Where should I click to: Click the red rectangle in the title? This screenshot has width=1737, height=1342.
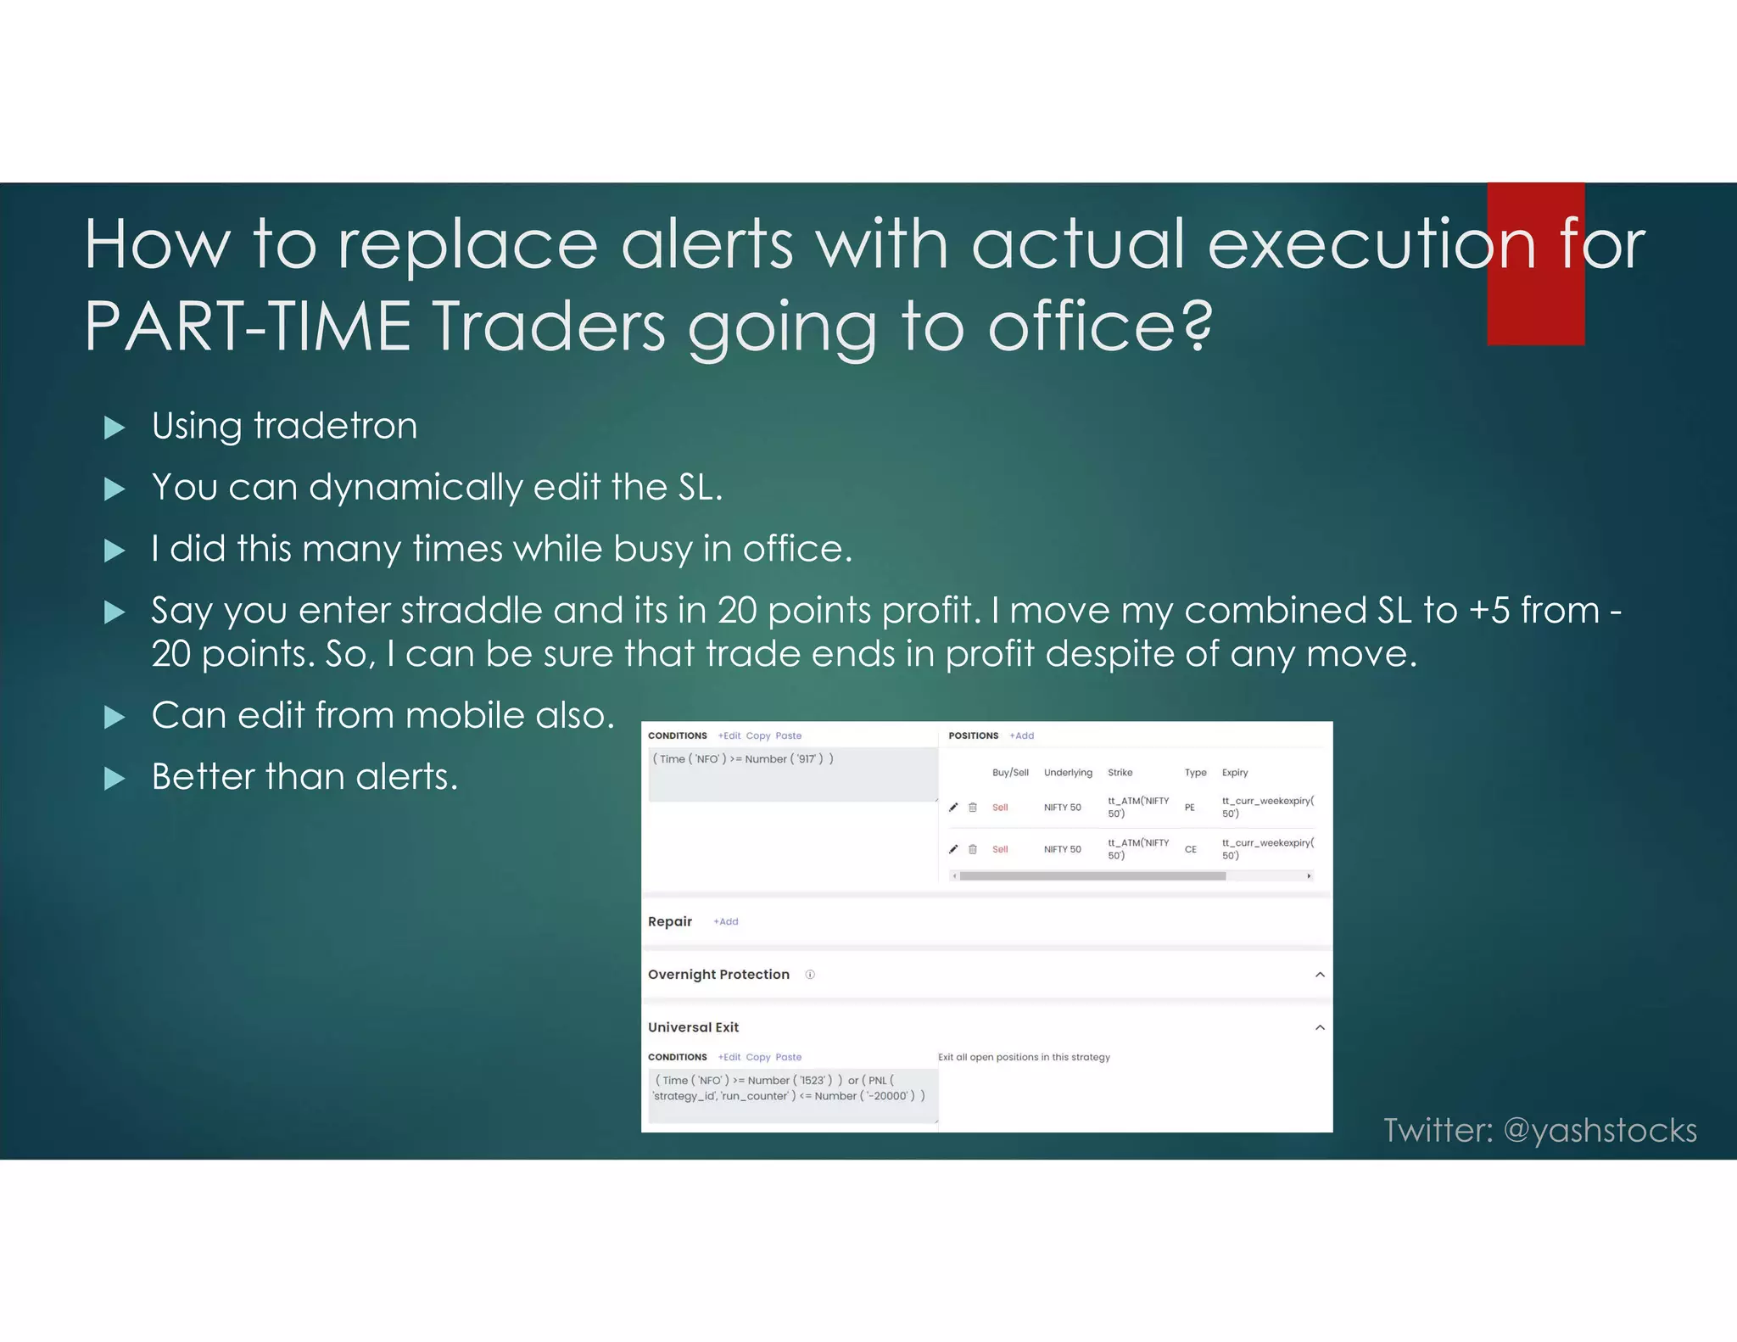click(1535, 264)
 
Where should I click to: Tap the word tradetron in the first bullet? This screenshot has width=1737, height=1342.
click(335, 426)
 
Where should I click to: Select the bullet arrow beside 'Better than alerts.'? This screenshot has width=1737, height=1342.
click(114, 778)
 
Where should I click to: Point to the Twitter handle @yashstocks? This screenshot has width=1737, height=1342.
click(1600, 1130)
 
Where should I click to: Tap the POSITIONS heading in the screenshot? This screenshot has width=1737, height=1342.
click(973, 735)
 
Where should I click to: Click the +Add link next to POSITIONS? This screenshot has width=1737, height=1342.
click(1021, 735)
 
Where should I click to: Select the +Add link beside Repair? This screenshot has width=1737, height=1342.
click(725, 921)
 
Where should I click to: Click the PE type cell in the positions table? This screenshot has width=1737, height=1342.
click(1190, 808)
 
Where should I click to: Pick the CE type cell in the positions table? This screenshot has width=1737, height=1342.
click(1191, 849)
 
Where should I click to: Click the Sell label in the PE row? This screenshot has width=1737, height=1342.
click(1000, 808)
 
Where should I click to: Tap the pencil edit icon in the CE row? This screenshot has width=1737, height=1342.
click(953, 849)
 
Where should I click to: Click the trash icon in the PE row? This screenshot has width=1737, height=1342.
click(973, 808)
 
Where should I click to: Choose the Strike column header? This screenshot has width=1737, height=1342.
click(1120, 773)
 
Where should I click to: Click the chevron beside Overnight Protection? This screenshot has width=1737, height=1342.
click(1320, 975)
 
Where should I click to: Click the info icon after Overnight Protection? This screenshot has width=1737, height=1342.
click(810, 975)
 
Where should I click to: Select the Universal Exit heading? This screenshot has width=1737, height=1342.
click(693, 1027)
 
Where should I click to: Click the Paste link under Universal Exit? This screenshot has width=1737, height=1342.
click(788, 1057)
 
